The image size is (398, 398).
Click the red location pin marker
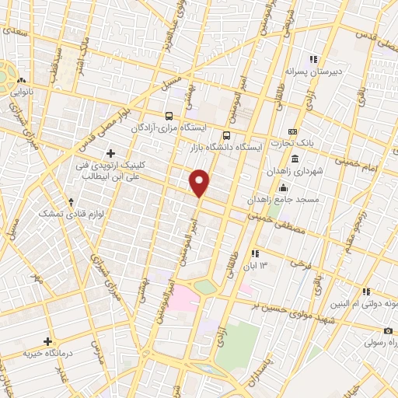click(200, 183)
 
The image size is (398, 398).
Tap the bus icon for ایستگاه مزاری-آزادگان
click(169, 116)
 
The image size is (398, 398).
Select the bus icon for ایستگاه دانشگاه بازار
click(226, 134)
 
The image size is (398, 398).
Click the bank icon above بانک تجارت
click(292, 131)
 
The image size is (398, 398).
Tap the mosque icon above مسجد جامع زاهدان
click(284, 187)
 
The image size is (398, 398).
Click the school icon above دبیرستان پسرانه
click(313, 59)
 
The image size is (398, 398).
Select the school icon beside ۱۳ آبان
click(254, 253)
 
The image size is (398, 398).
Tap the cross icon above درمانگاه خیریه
click(48, 341)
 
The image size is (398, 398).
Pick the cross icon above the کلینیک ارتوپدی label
click(110, 153)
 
